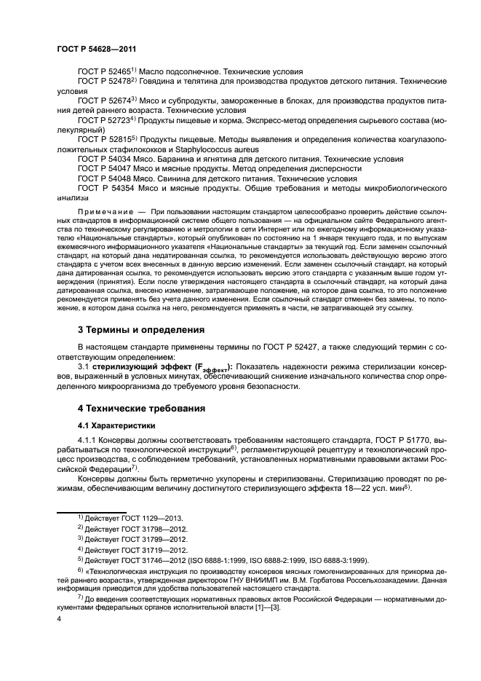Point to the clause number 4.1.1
coord(88,441)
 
